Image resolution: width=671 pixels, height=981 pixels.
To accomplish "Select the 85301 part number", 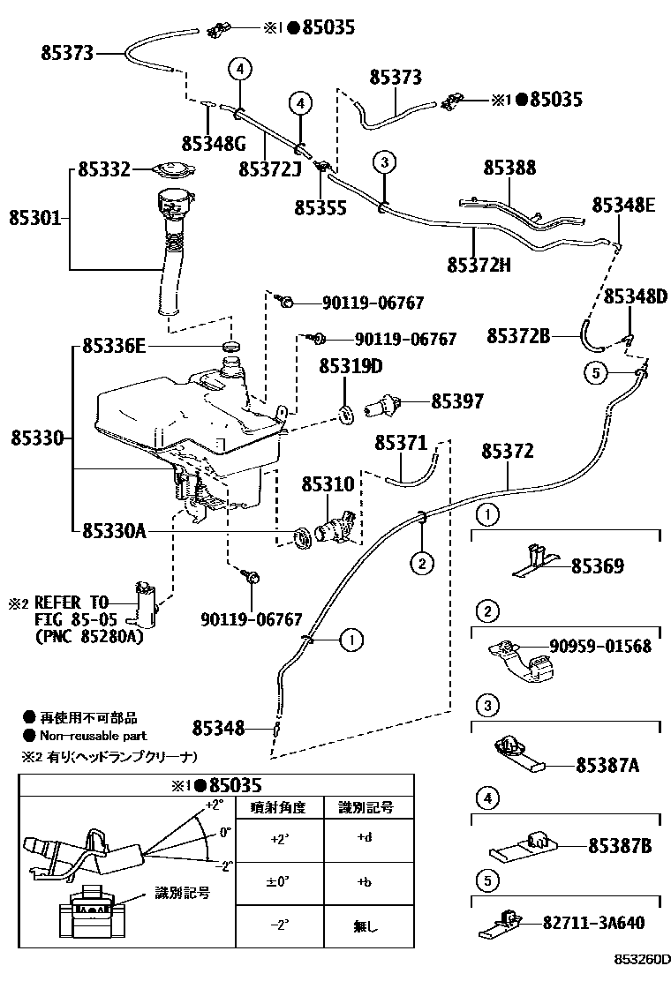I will [35, 215].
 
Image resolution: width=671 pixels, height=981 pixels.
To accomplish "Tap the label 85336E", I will [114, 347].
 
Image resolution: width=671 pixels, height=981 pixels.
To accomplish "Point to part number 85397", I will [457, 401].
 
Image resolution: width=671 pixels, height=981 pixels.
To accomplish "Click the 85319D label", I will [351, 366].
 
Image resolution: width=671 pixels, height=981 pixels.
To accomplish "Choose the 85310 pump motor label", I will [328, 484].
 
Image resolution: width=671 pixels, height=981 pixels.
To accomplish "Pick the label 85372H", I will [479, 264].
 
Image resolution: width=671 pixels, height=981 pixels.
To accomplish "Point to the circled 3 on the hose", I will [382, 161].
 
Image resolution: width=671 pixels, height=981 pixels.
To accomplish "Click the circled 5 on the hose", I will [596, 373].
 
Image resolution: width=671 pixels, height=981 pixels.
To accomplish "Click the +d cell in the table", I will [365, 838].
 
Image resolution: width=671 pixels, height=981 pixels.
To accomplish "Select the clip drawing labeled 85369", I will [536, 561].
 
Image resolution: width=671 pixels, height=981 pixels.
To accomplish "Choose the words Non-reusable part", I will [93, 736].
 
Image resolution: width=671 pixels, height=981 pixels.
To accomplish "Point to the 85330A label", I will [114, 530].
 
